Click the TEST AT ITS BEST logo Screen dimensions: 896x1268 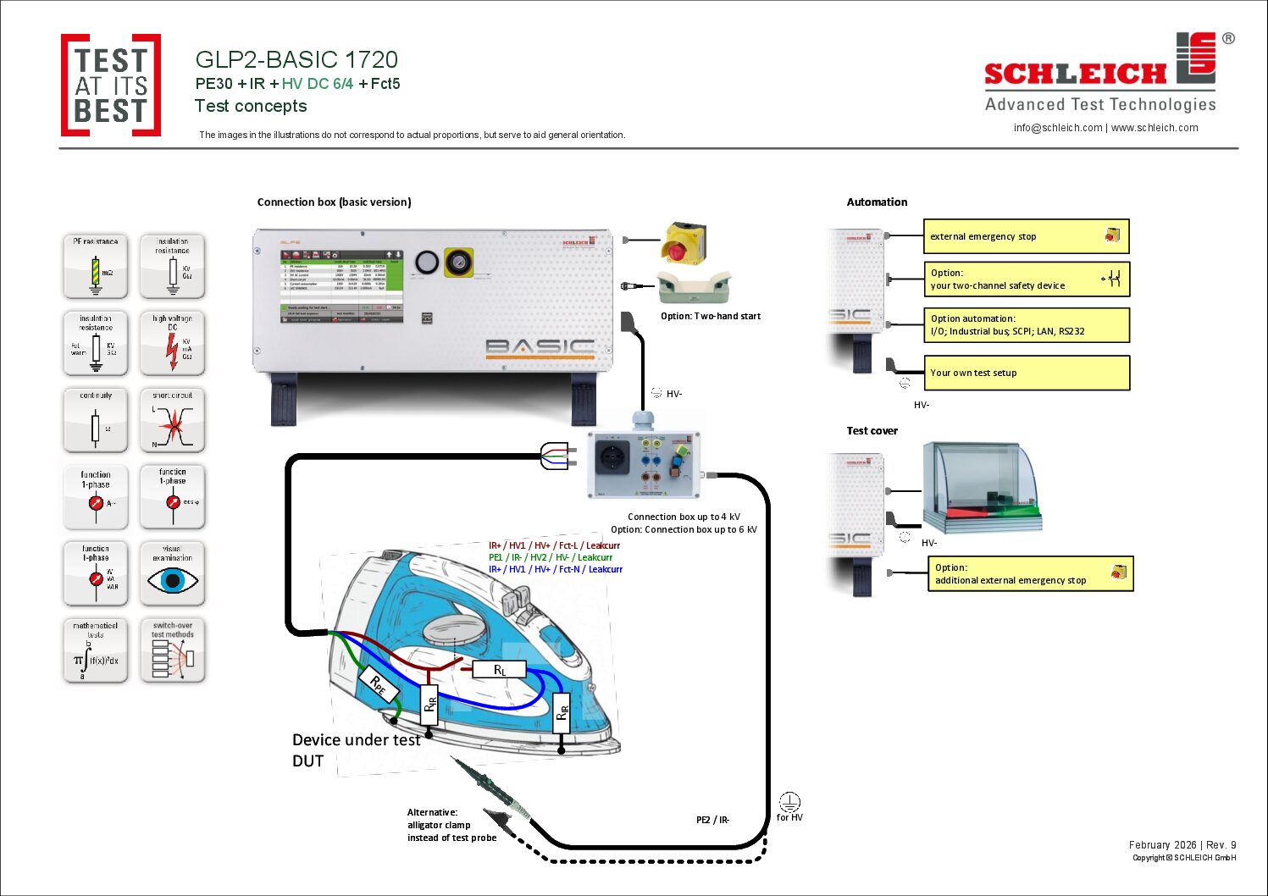click(x=110, y=85)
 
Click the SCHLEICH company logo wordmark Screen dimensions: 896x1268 click(x=1076, y=74)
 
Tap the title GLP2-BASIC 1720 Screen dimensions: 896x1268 click(x=296, y=60)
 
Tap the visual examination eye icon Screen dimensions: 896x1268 click(x=173, y=579)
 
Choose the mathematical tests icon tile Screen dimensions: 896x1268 click(x=96, y=650)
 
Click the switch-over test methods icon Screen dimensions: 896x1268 click(x=173, y=650)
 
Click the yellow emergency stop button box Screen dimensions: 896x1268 click(x=684, y=243)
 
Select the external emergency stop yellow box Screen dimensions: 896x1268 click(x=1026, y=236)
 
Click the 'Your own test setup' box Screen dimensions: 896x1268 click(x=1026, y=373)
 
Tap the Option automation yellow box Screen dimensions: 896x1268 click(x=1026, y=325)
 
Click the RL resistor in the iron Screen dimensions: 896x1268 click(x=500, y=670)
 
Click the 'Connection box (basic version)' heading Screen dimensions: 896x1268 click(x=334, y=202)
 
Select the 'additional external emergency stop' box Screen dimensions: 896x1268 click(x=1030, y=574)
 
